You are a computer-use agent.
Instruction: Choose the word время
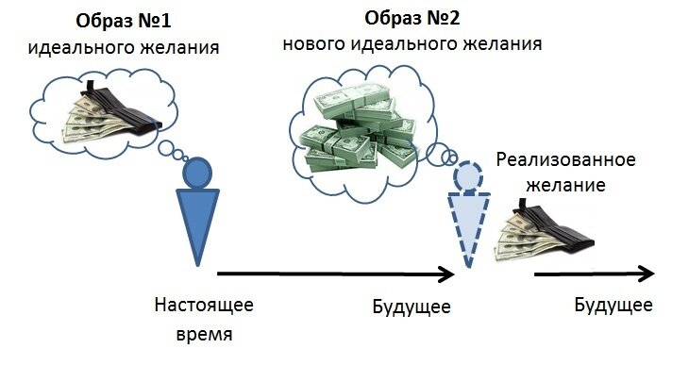point(204,333)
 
